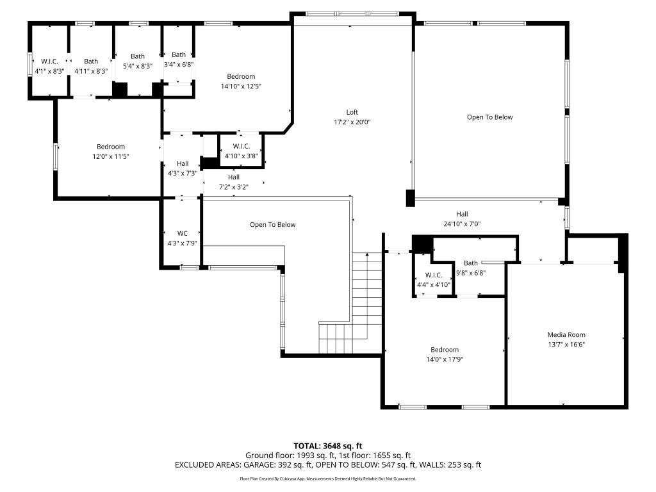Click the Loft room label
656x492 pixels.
(x=352, y=112)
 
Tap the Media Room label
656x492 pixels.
(x=566, y=334)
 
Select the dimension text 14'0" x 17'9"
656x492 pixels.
(x=445, y=359)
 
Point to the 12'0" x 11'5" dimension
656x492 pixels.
(x=110, y=156)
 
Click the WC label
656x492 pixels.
(x=182, y=233)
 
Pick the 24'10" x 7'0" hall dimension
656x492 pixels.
(x=462, y=224)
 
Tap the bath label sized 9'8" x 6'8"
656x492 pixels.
(x=471, y=263)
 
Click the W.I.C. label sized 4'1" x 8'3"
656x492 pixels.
(x=49, y=61)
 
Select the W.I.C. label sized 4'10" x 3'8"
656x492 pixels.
(x=241, y=146)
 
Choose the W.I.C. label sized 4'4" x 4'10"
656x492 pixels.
(x=434, y=275)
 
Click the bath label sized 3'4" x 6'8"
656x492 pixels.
(x=179, y=55)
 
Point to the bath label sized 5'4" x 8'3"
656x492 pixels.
(x=138, y=56)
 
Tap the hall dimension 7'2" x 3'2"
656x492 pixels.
(x=233, y=187)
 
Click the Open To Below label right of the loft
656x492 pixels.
(x=489, y=117)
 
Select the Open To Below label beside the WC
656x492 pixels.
(x=272, y=225)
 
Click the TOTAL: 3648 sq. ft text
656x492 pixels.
(x=327, y=446)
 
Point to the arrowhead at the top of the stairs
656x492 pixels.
(x=367, y=254)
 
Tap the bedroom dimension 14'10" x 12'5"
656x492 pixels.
(x=241, y=86)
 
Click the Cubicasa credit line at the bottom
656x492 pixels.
(x=327, y=479)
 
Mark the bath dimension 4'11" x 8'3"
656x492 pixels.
(x=91, y=71)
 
